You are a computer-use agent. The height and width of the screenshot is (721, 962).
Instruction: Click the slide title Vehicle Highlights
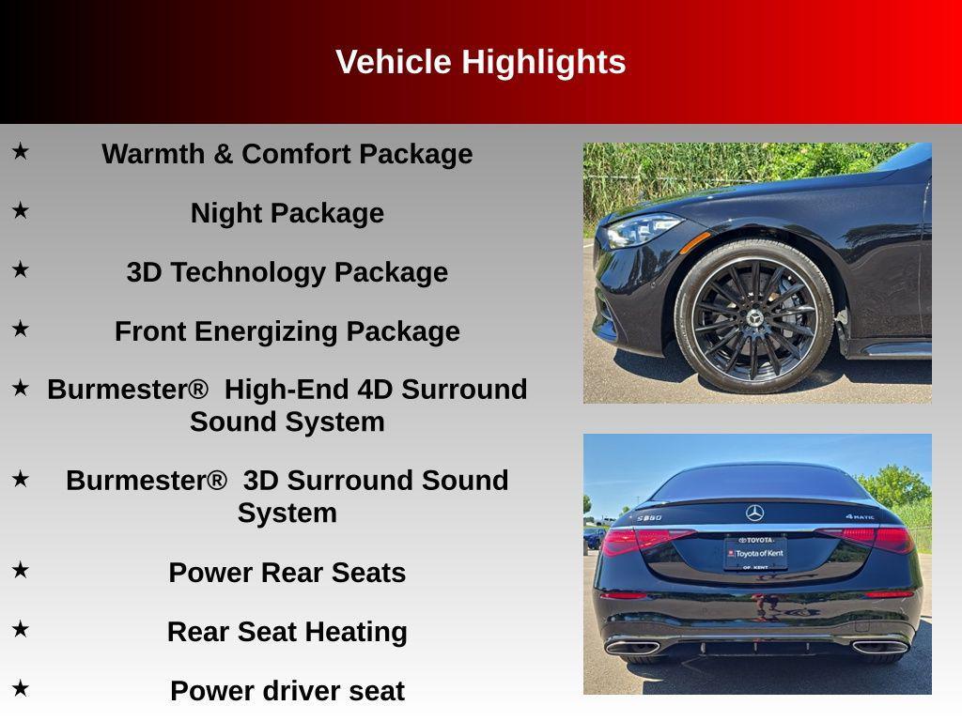click(480, 62)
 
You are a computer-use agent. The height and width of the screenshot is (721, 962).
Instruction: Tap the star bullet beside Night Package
click(20, 211)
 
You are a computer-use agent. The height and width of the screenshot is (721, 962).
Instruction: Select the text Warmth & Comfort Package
click(287, 154)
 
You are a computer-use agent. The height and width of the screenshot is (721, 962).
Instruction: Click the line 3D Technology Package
click(287, 272)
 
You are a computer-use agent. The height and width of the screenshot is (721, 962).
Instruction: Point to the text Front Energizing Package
click(287, 331)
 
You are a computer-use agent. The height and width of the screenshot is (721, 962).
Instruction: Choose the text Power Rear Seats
click(287, 573)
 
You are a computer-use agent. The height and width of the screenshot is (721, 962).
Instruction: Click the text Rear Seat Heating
click(287, 632)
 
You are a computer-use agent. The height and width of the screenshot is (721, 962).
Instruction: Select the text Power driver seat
click(287, 691)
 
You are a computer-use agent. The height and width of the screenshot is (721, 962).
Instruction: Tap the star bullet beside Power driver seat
click(20, 688)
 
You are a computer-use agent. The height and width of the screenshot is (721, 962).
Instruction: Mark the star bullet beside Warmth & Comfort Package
click(20, 150)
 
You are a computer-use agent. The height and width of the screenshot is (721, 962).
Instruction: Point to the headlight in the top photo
click(643, 229)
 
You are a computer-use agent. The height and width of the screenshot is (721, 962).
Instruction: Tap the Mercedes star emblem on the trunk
click(755, 513)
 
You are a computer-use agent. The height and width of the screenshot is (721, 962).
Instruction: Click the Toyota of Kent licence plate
click(755, 553)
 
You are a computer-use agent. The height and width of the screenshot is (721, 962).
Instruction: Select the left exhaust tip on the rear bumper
click(631, 646)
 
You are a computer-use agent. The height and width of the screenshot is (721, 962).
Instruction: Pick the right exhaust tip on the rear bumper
click(879, 646)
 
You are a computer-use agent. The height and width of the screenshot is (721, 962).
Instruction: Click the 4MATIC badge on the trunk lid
click(859, 516)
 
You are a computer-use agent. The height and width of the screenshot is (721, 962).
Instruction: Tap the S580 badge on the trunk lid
click(649, 517)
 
